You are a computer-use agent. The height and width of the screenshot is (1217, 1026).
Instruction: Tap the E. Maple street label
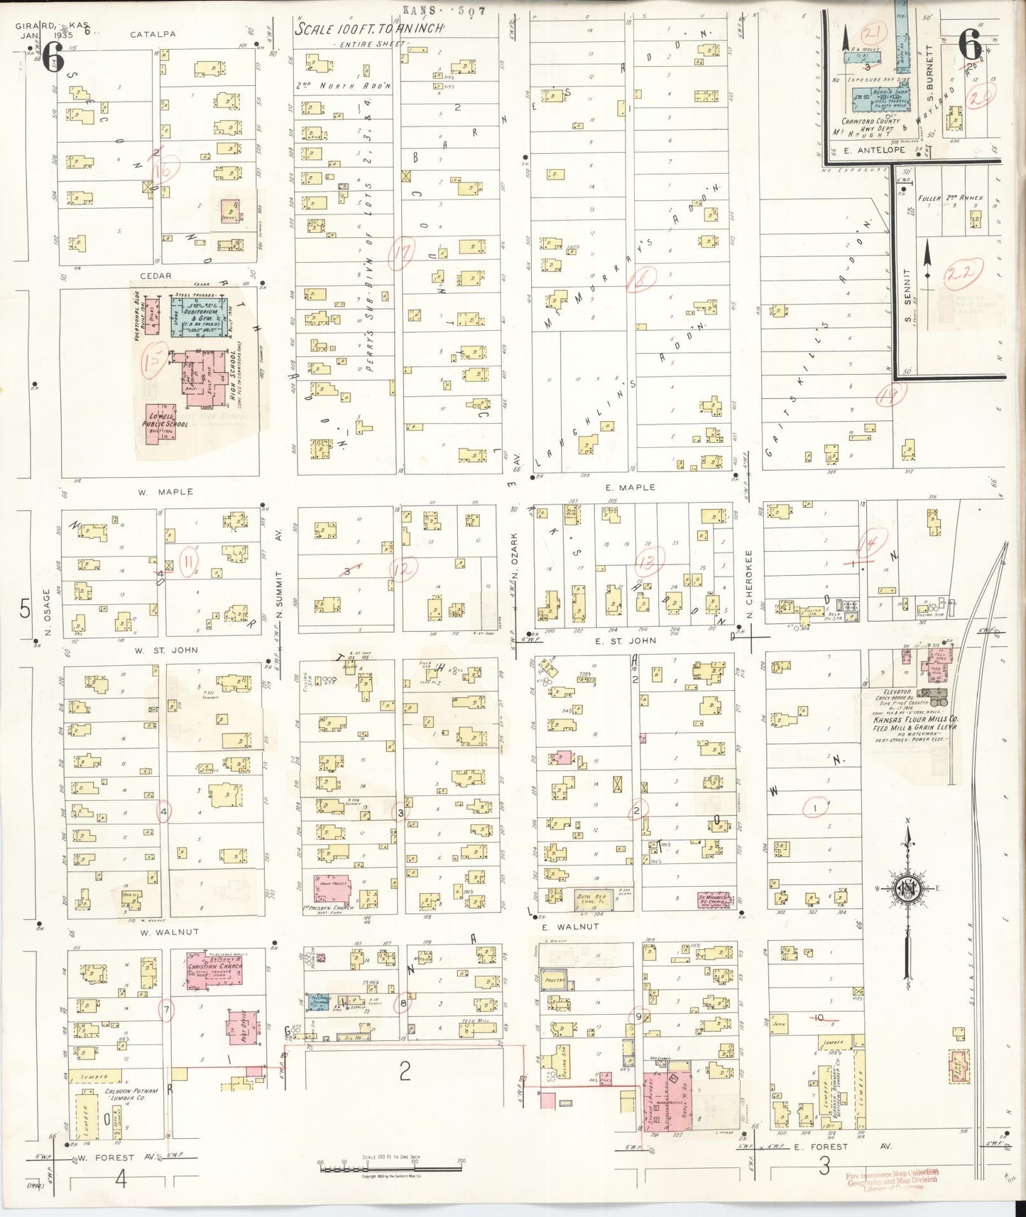631,488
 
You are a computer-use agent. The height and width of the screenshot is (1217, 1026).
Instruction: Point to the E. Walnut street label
570,927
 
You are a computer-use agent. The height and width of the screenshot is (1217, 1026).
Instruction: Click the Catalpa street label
153,34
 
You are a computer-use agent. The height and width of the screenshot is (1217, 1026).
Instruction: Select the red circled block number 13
648,560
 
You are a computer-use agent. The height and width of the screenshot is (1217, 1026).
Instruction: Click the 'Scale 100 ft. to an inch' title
369,29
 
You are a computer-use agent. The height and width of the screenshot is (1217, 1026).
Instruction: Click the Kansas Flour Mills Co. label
915,719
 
